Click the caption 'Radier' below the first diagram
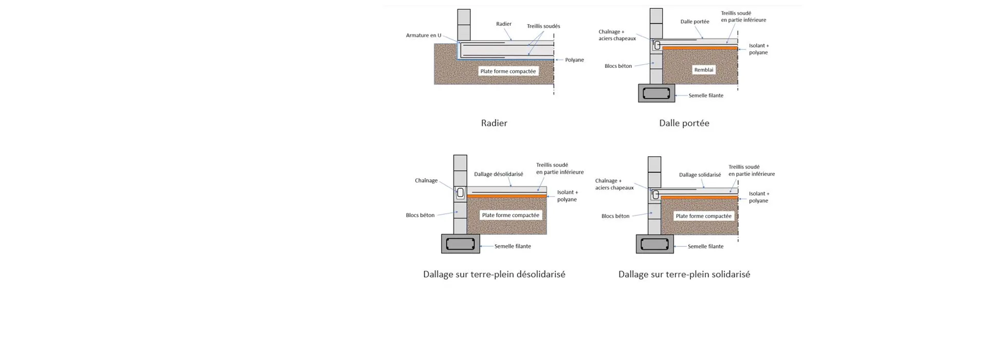[x=494, y=123]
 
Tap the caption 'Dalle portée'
[x=684, y=123]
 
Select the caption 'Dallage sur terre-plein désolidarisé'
[x=494, y=274]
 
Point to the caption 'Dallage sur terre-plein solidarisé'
[x=684, y=274]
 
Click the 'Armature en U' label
[x=424, y=35]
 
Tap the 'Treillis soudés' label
[x=543, y=26]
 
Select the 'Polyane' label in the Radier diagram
[x=574, y=60]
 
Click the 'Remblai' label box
[x=704, y=70]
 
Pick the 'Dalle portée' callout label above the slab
[x=694, y=22]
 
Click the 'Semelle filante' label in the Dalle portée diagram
[x=706, y=96]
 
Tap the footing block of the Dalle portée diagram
[x=656, y=93]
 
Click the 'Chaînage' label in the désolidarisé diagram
[x=426, y=181]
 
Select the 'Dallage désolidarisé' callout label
[x=498, y=174]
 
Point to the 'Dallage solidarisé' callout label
[x=700, y=175]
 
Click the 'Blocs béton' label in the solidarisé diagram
[x=615, y=216]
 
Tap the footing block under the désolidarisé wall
[x=461, y=244]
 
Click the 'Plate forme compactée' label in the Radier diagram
[x=508, y=71]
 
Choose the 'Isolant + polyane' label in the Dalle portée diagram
[x=759, y=49]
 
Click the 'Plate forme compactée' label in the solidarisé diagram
[x=703, y=216]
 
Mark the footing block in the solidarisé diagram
[x=655, y=244]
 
